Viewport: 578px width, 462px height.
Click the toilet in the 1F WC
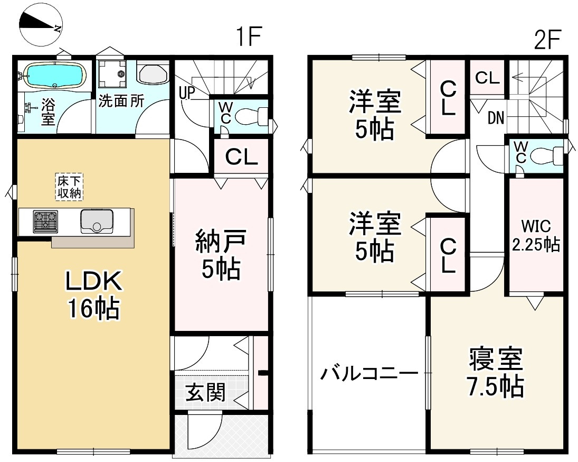[249, 116]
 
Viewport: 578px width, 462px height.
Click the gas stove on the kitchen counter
[45, 221]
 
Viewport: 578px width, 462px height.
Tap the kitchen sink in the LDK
[96, 220]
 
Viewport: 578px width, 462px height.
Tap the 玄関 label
[205, 392]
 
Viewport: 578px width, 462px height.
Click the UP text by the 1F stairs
[187, 93]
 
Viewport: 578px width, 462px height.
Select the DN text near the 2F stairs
[495, 118]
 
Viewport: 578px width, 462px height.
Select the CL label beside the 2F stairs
[487, 78]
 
